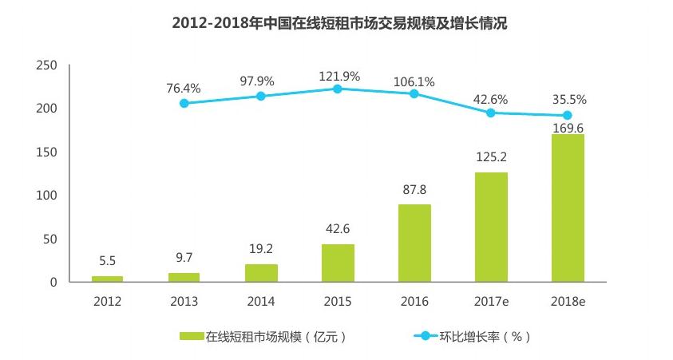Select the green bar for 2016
414,243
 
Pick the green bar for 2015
338,263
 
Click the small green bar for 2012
108,279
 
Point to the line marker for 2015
338,89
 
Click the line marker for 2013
184,103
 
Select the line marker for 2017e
491,113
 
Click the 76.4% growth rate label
184,88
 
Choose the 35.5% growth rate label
570,100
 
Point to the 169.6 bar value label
568,125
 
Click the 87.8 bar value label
414,191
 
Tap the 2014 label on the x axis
261,301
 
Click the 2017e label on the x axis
491,301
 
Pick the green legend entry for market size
263,336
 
